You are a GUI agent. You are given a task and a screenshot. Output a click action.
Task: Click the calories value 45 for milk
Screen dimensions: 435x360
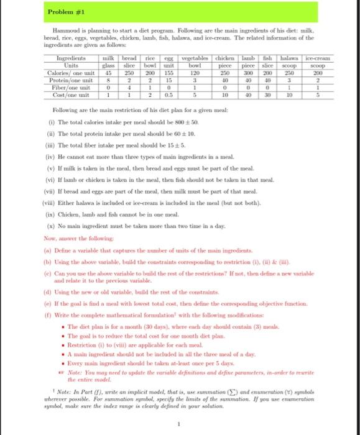coord(107,71)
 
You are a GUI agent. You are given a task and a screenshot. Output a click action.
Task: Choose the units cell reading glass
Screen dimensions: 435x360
coord(107,65)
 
